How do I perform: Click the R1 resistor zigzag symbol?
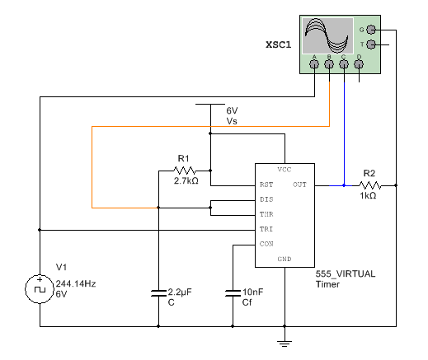tap(185, 171)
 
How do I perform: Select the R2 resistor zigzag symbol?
tap(370, 185)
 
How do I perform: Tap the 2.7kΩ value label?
tap(186, 180)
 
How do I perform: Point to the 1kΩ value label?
tap(368, 195)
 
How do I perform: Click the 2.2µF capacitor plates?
tap(158, 293)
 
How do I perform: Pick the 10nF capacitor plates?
tap(233, 293)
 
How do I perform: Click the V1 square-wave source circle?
tap(40, 289)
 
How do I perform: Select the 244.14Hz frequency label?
tap(76, 283)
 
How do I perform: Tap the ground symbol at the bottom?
tap(285, 344)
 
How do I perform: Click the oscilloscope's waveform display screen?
tap(327, 35)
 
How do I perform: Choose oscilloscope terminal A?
tap(314, 64)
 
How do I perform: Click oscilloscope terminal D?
tap(359, 64)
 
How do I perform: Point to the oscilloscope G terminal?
tap(371, 30)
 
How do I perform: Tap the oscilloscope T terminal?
tap(371, 44)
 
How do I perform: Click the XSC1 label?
tap(279, 44)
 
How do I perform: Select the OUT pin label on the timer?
tap(299, 185)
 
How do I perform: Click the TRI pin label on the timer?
tap(266, 229)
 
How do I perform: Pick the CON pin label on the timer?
tap(266, 244)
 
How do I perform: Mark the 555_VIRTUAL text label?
tap(346, 274)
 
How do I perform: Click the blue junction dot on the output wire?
tap(344, 185)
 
